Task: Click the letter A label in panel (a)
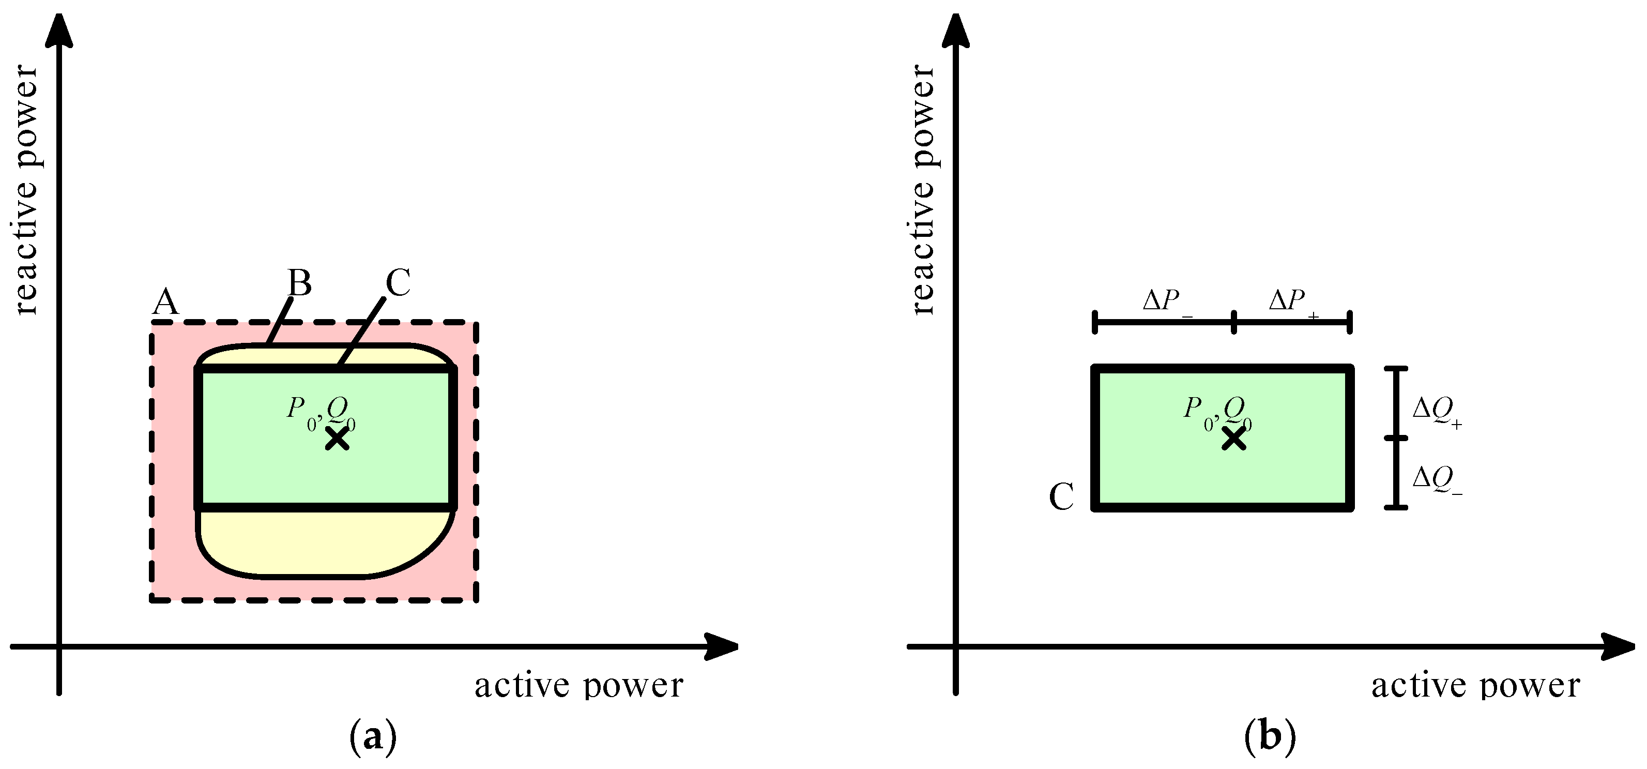point(165,303)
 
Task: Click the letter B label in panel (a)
point(299,283)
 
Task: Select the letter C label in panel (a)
point(398,283)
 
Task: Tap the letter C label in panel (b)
point(1061,497)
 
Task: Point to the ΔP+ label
point(1291,300)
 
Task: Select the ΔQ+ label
point(1436,411)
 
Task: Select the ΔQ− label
point(1436,480)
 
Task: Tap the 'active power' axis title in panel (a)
point(578,686)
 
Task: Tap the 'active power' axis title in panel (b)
point(1476,686)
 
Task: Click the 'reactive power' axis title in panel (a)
point(27,190)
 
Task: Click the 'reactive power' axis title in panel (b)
point(923,190)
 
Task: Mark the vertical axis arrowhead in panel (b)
point(956,31)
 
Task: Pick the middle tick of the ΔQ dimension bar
point(1396,438)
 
